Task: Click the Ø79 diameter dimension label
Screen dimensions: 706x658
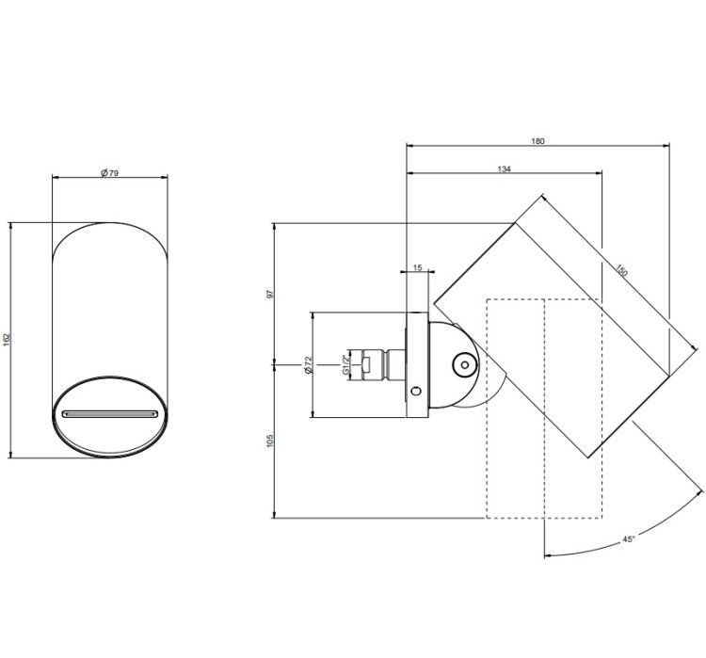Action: tap(109, 172)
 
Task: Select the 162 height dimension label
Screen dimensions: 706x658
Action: tap(7, 340)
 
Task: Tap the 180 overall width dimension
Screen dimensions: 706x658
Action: tap(538, 141)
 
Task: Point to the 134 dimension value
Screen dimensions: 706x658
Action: tap(505, 169)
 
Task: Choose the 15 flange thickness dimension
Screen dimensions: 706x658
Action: tap(417, 267)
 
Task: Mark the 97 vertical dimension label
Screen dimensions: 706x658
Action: tap(270, 294)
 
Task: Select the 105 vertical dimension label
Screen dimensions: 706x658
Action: tap(270, 441)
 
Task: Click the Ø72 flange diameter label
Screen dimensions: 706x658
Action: tap(308, 365)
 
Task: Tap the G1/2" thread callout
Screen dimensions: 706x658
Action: tap(345, 365)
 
